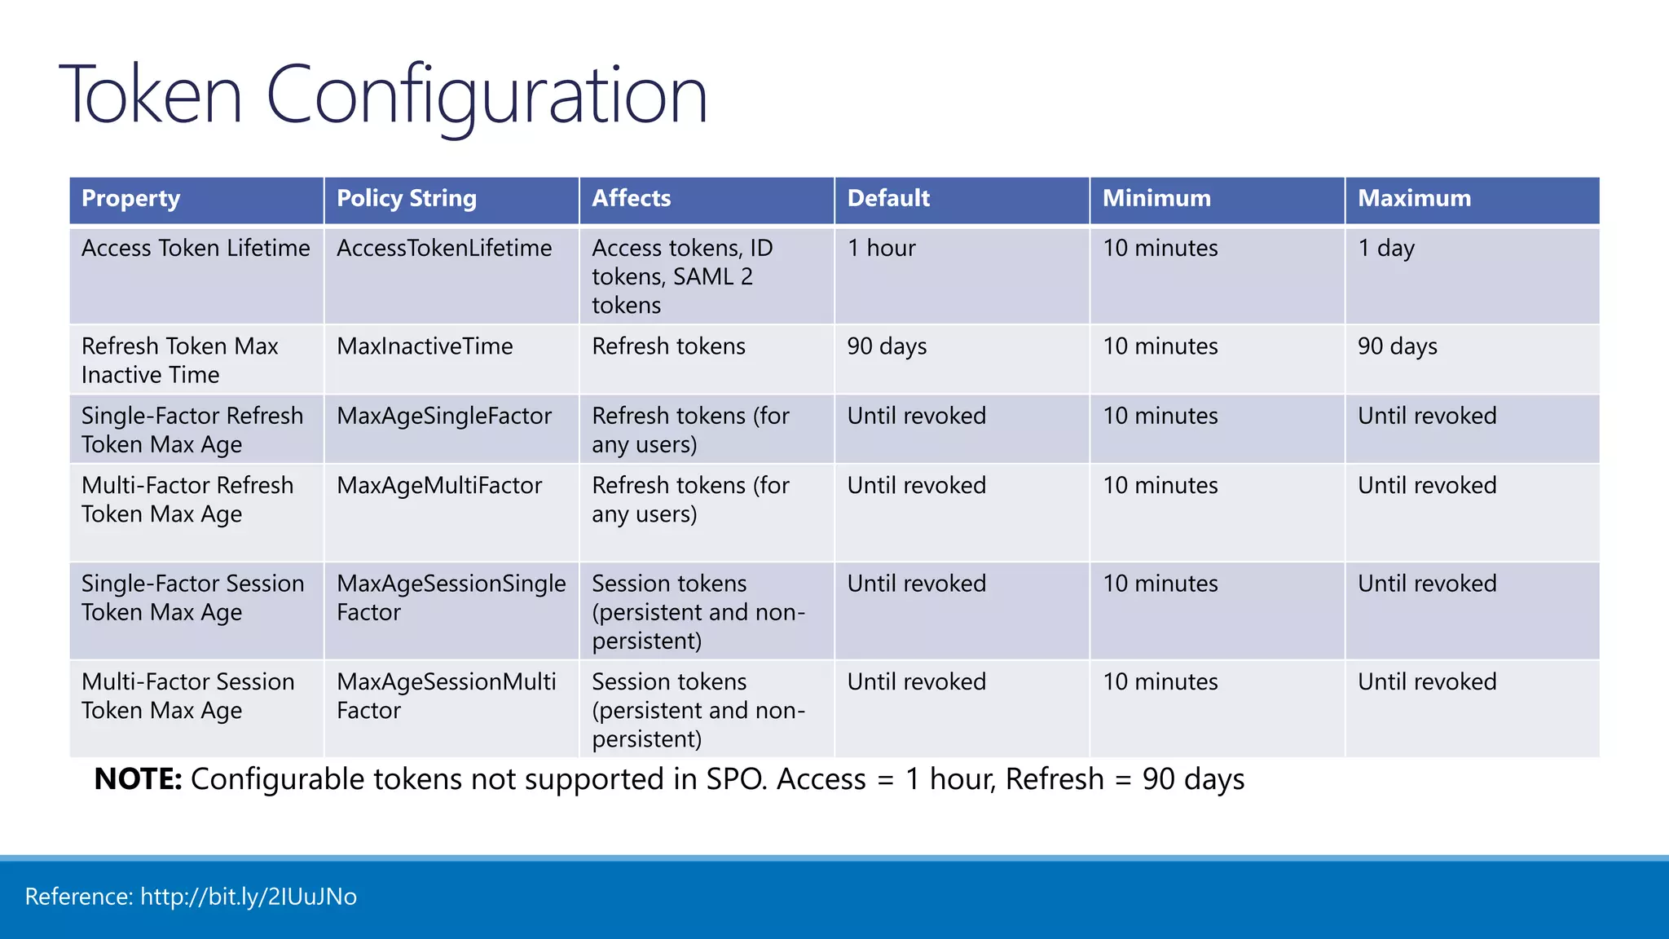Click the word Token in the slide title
152,96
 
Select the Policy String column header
406,199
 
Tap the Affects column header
631,199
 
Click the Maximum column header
1414,199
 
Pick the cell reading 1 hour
881,249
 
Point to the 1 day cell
1385,249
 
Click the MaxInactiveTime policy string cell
425,346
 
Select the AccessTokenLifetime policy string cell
444,249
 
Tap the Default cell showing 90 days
887,346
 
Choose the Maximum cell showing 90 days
1397,346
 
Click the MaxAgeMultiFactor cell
439,486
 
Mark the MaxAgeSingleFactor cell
444,417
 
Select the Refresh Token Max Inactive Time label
179,360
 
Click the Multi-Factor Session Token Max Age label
187,696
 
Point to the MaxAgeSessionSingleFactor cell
451,597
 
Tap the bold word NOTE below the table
137,779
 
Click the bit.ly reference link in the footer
248,897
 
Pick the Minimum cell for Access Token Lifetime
1160,249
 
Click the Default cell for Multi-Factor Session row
916,682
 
